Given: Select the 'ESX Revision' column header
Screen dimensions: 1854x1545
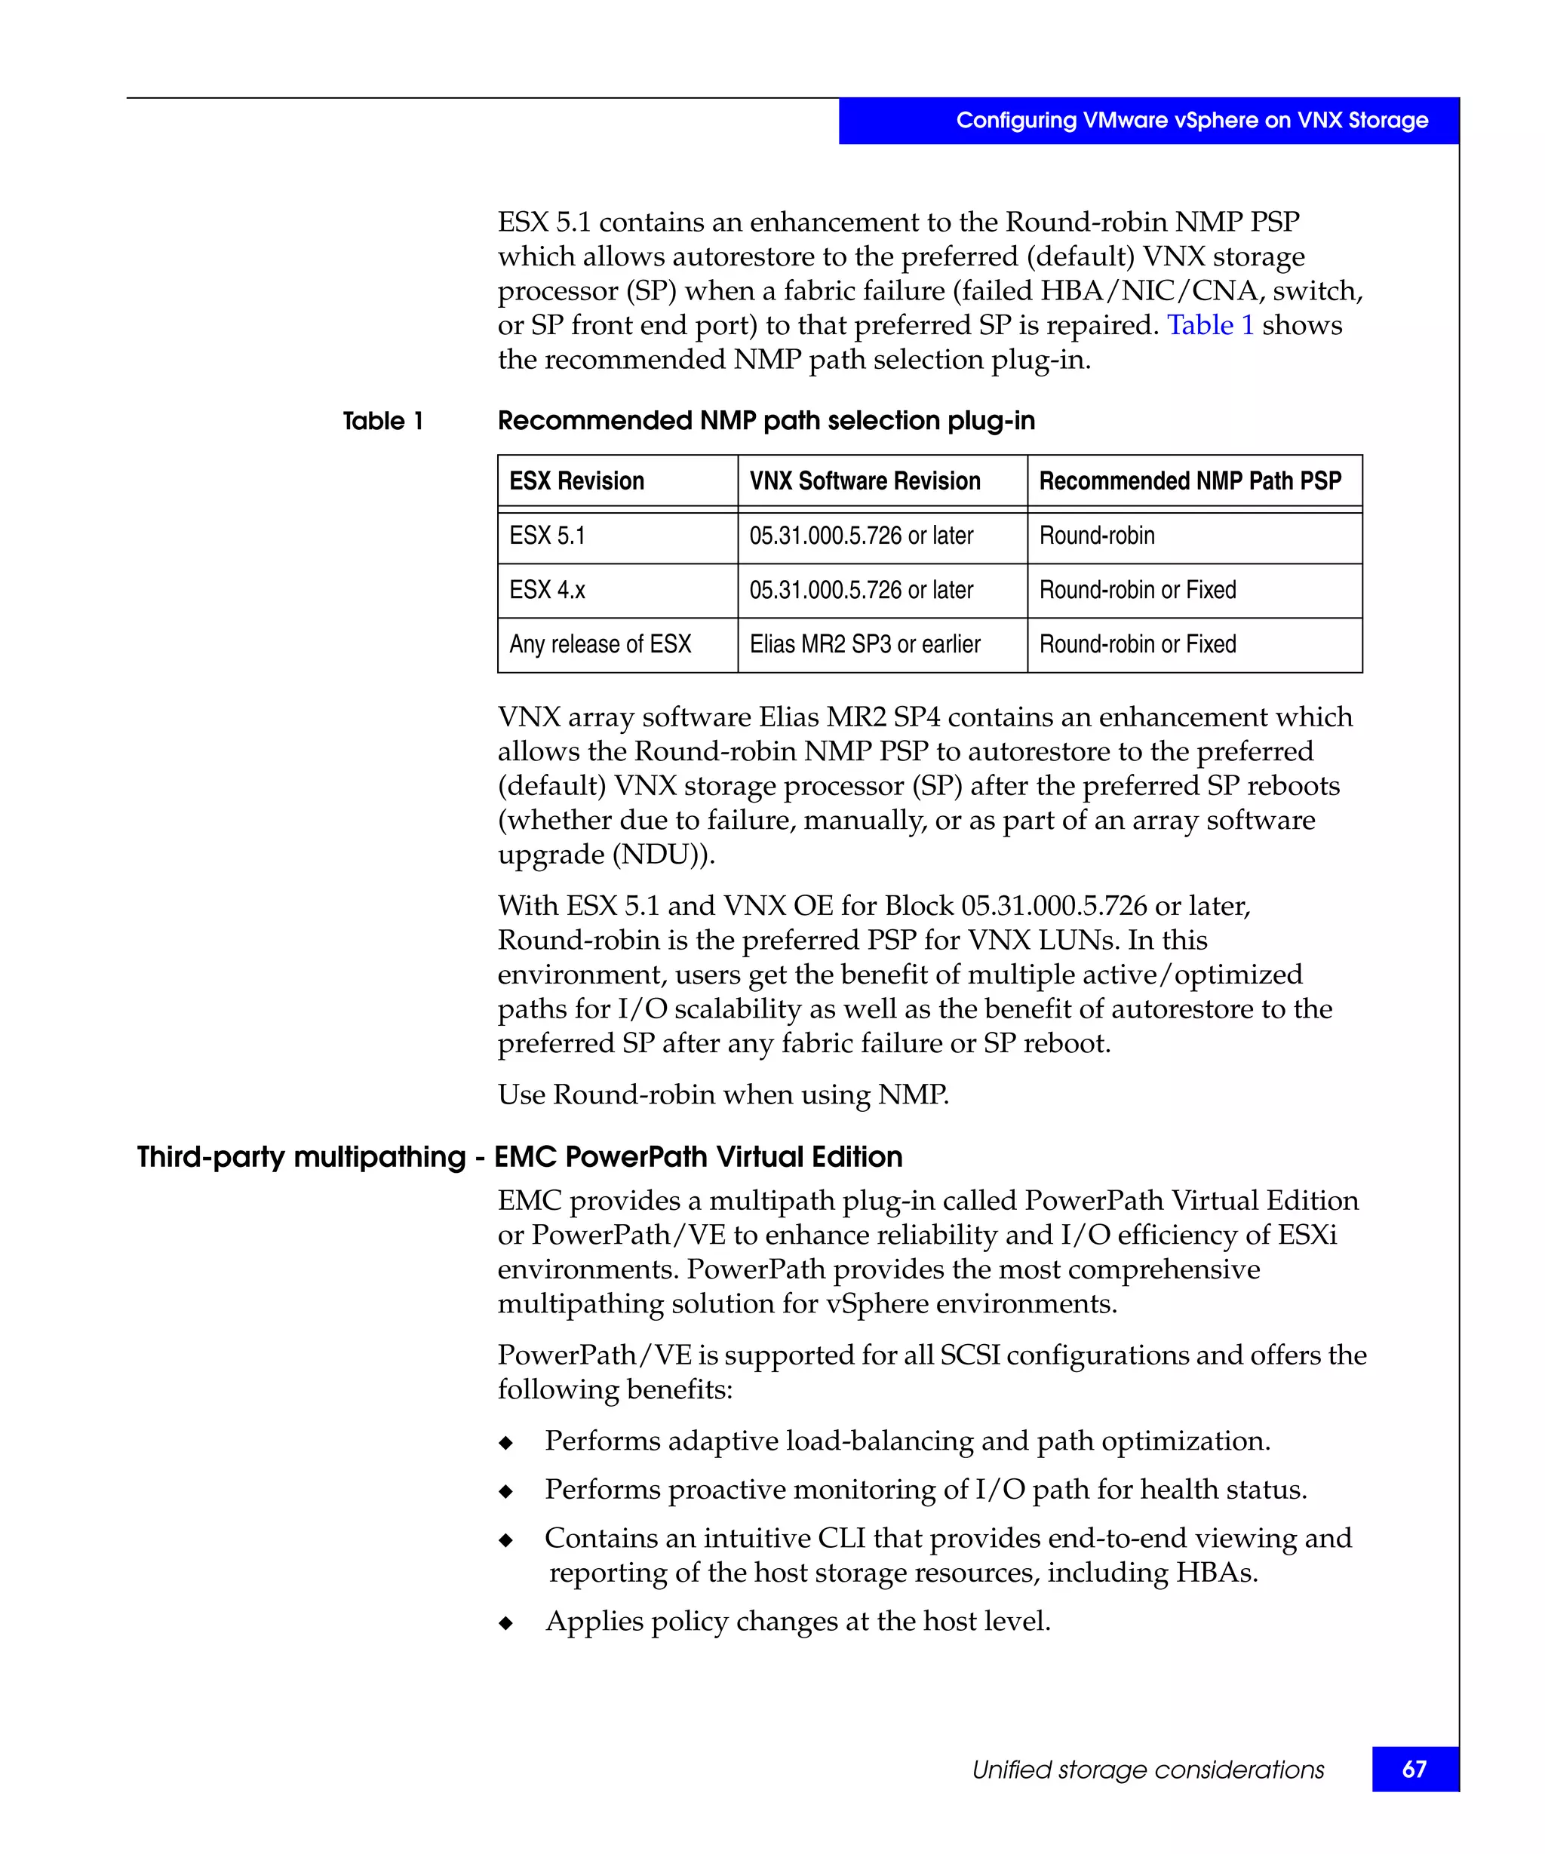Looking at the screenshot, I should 576,481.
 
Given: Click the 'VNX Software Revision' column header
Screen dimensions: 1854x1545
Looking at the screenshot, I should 865,481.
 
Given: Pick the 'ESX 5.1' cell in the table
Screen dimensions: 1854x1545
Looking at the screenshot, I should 548,536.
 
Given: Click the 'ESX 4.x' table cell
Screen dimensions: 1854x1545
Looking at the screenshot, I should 548,590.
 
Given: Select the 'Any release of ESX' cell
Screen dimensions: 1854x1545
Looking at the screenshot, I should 600,644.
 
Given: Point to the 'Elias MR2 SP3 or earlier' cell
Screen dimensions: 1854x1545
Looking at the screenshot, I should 865,644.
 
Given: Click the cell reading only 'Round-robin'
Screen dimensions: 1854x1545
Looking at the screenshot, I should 1096,536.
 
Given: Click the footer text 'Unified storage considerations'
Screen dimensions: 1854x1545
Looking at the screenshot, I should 1147,1770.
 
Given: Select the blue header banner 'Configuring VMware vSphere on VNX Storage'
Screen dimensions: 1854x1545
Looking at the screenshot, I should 1191,120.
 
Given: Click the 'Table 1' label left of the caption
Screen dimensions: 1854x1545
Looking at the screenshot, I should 383,421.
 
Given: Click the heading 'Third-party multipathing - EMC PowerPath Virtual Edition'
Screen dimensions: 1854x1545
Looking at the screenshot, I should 519,1156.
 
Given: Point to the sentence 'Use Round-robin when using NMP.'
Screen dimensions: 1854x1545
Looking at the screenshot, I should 722,1094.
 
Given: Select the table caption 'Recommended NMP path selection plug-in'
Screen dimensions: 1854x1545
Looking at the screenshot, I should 766,421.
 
